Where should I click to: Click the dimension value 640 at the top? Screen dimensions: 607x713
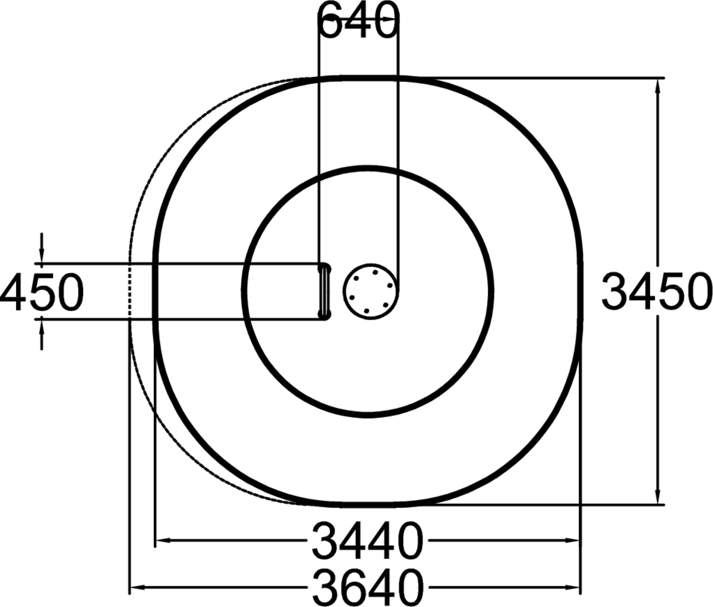tap(357, 21)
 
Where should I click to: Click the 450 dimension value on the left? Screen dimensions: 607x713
tap(42, 292)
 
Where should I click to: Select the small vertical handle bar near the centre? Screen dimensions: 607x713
tap(324, 291)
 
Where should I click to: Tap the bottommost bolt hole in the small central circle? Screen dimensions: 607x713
tap(366, 311)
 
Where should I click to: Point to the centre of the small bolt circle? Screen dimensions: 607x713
tap(370, 290)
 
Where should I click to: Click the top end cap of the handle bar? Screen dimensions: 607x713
tap(324, 267)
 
